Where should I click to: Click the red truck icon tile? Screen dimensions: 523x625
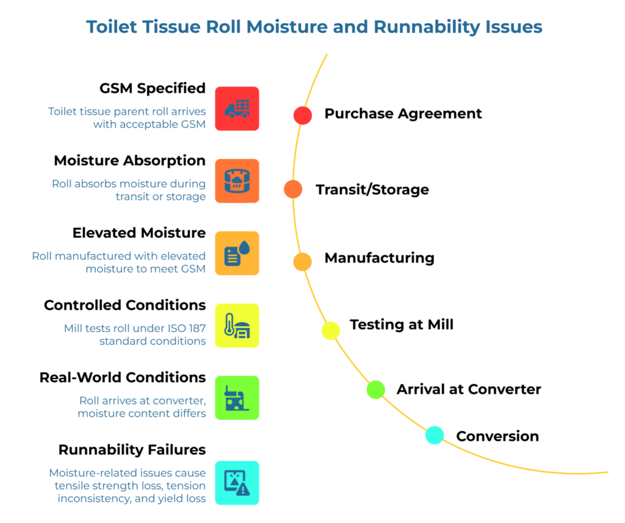(237, 109)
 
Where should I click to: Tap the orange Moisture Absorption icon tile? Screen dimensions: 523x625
(237, 181)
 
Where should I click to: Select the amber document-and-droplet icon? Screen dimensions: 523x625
(237, 253)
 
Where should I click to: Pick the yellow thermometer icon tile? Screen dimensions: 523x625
(237, 325)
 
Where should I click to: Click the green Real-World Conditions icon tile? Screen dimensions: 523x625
(237, 398)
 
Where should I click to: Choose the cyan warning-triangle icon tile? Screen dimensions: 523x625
(237, 482)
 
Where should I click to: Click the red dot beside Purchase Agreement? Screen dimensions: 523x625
(303, 115)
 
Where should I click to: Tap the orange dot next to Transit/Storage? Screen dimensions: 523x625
(293, 189)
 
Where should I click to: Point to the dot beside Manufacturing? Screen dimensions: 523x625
(302, 261)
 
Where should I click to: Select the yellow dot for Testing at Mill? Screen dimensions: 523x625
(331, 330)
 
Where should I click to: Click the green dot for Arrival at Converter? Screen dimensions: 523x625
(376, 389)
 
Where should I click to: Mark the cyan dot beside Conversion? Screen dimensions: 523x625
(435, 435)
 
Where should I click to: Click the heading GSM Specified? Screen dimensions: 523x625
(152, 88)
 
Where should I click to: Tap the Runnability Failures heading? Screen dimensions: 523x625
(132, 450)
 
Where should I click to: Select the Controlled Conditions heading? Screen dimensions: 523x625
(125, 305)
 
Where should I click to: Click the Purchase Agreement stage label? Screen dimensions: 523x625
(403, 114)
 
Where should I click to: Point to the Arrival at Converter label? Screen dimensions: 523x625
(469, 389)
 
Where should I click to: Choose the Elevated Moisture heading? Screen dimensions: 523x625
(139, 233)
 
